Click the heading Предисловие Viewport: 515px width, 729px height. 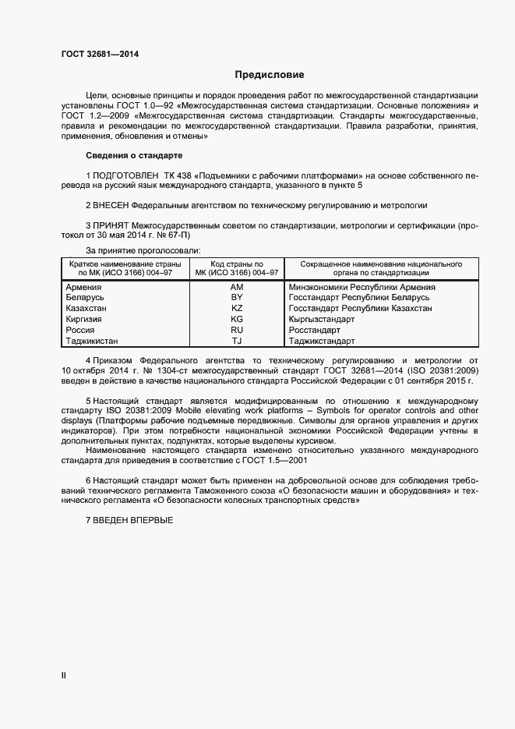pyautogui.click(x=269, y=76)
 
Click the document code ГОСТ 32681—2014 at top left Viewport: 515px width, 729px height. pyautogui.click(x=101, y=55)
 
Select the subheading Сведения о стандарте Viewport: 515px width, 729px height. pyautogui.click(x=133, y=156)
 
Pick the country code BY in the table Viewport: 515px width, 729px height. pyautogui.click(x=237, y=299)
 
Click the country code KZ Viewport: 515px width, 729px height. pyautogui.click(x=237, y=309)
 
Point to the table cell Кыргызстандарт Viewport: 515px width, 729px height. pyautogui.click(x=321, y=320)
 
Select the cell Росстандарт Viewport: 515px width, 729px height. pyautogui.click(x=311, y=331)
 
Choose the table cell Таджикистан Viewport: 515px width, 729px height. pyautogui.click(x=92, y=341)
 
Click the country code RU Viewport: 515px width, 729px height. pyautogui.click(x=237, y=331)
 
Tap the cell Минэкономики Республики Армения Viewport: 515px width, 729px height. pyautogui.click(x=362, y=288)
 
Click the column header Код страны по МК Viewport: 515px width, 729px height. pyautogui.click(x=237, y=269)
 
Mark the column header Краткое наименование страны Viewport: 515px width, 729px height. pyautogui.click(x=125, y=269)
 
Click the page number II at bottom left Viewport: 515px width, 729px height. pyautogui.click(x=64, y=675)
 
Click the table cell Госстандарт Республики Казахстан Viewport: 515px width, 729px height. pyautogui.click(x=360, y=309)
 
